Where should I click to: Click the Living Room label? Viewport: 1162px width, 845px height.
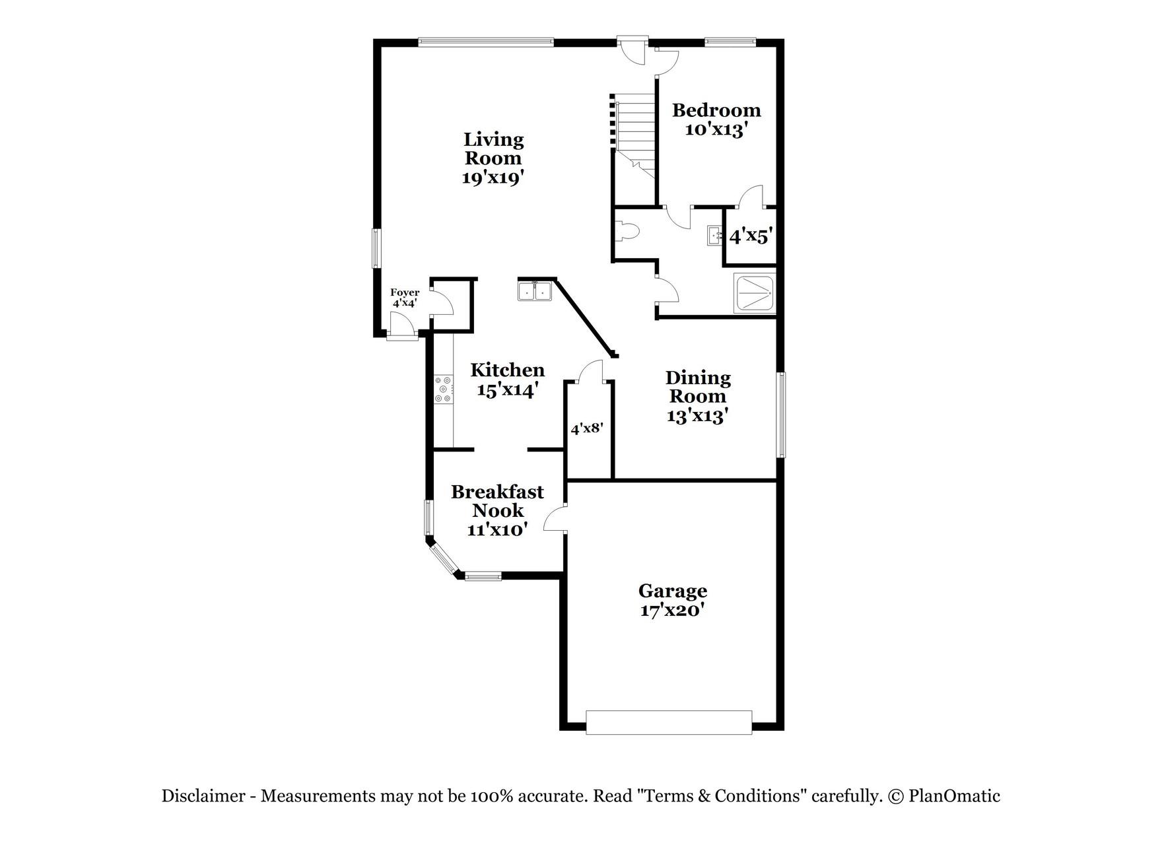[493, 149]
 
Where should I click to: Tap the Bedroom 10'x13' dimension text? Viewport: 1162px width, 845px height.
[716, 129]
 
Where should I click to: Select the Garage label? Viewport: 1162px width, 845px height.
[673, 590]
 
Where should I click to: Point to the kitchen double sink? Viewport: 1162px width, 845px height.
[535, 291]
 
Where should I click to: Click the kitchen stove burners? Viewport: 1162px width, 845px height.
[443, 389]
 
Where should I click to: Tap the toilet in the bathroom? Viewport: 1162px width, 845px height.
[627, 231]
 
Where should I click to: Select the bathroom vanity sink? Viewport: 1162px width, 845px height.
[715, 236]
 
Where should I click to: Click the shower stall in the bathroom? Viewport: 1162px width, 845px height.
[756, 293]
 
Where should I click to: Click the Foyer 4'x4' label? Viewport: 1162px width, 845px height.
[405, 298]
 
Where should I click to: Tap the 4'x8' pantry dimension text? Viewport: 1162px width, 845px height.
[587, 428]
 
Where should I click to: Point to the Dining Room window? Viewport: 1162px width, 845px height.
[781, 415]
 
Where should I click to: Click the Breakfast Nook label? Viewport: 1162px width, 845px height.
[497, 501]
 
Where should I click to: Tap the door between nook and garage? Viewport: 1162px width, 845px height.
[555, 518]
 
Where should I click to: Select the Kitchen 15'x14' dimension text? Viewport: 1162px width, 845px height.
[504, 390]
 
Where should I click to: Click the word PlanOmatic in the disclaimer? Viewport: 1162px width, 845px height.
[955, 796]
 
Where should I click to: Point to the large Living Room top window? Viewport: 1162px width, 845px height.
[486, 42]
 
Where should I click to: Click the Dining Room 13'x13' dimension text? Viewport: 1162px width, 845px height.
[697, 416]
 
